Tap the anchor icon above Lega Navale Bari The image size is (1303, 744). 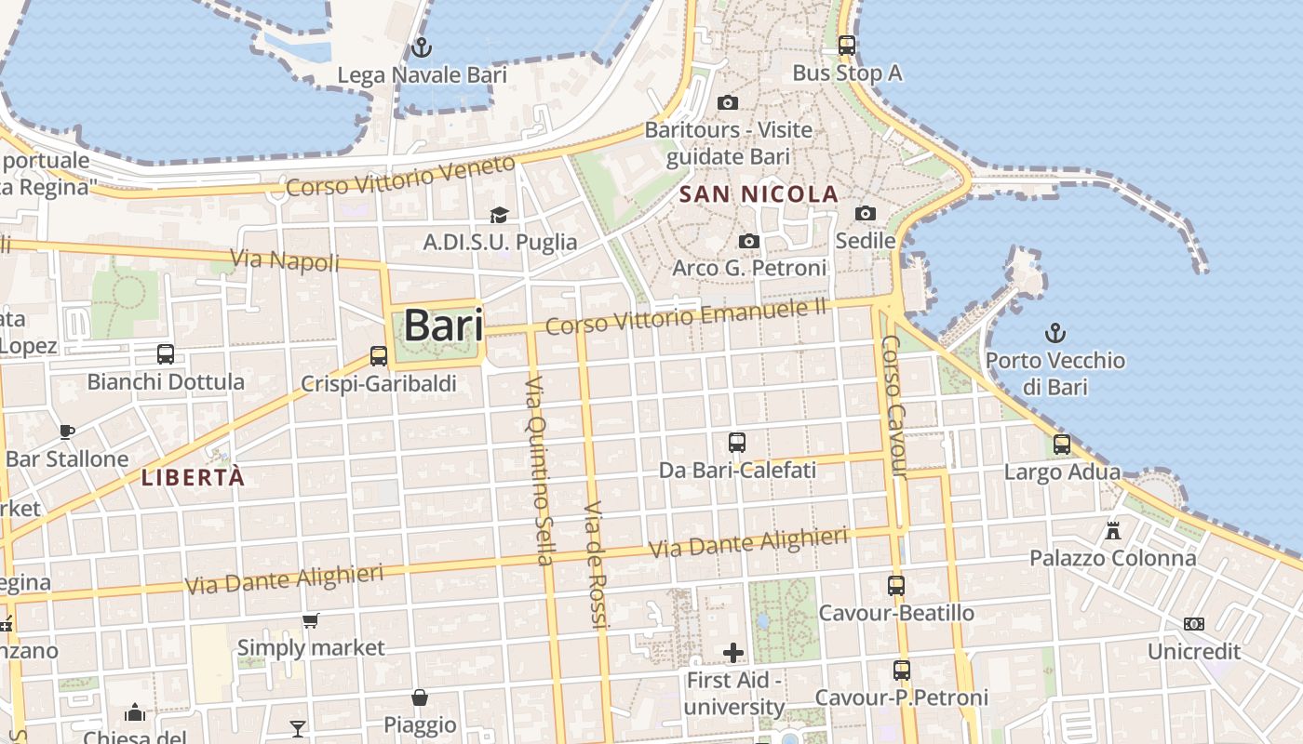(422, 46)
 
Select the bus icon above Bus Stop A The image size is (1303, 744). (847, 45)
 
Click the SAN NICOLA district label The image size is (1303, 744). (759, 194)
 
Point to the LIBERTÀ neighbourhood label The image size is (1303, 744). (193, 478)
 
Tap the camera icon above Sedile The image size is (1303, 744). (866, 214)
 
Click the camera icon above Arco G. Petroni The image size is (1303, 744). (749, 242)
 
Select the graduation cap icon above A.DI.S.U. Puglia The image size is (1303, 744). (500, 216)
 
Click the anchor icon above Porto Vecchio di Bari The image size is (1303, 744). (1055, 333)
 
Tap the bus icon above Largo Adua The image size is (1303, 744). (1062, 445)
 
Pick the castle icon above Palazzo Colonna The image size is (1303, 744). (1112, 531)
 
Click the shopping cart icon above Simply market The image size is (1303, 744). (311, 620)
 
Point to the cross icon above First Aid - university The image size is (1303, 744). (734, 653)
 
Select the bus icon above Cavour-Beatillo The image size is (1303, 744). (896, 586)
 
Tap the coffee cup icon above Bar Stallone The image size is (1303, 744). (67, 432)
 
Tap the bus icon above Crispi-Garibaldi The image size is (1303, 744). (379, 356)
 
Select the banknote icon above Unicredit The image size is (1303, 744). (1194, 624)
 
